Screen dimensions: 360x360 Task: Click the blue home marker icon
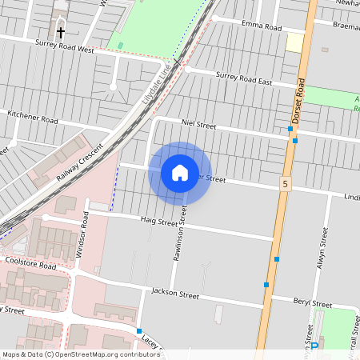coord(180,173)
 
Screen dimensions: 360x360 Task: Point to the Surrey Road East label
coord(245,78)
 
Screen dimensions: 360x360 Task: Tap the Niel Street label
coord(199,125)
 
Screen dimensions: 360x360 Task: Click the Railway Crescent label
coord(80,165)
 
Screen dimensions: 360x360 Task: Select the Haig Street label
coord(158,221)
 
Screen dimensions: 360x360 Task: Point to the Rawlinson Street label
coord(178,232)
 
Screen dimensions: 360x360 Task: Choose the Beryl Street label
coord(311,304)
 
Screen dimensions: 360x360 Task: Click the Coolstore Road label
coord(30,262)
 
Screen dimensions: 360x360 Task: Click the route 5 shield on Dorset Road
coord(285,184)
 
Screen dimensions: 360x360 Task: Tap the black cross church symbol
coord(61,33)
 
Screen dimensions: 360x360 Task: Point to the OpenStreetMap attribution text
coord(81,354)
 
